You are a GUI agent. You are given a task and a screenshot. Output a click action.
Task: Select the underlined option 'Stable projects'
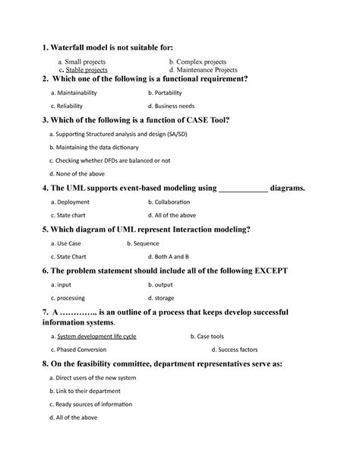(x=87, y=69)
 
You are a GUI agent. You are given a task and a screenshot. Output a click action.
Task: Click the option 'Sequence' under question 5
(x=147, y=243)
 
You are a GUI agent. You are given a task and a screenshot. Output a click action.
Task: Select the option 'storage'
(x=165, y=298)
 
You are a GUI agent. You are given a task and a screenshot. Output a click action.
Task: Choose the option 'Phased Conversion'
(x=81, y=350)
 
